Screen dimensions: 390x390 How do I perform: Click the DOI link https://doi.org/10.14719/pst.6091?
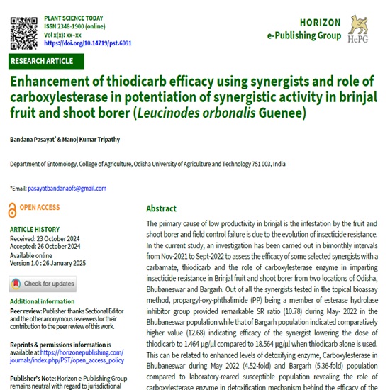tap(88, 43)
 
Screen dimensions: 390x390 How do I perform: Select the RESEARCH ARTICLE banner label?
tap(42, 61)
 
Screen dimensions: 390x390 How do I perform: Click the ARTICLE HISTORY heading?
tap(35, 230)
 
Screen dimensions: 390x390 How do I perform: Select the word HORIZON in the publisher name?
tap(305, 23)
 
